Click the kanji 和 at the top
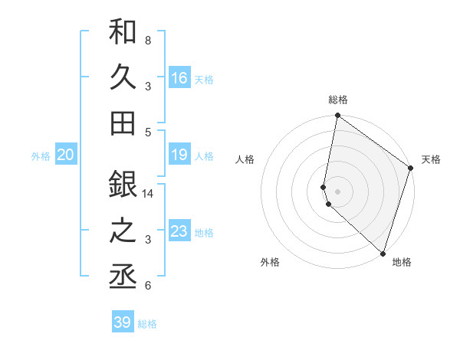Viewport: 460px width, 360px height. (x=123, y=32)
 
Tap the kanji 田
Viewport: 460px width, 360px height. (x=123, y=122)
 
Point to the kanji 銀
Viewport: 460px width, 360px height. (x=123, y=184)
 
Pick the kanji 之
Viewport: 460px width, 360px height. (x=123, y=231)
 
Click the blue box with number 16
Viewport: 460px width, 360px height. (x=179, y=77)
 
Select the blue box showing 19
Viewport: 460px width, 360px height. (x=179, y=155)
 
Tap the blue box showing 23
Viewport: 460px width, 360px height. (x=179, y=231)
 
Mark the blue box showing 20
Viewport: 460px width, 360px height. (x=66, y=155)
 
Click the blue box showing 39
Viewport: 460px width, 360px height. (x=123, y=322)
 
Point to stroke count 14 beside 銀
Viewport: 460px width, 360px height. (x=149, y=194)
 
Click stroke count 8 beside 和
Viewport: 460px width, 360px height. (x=148, y=39)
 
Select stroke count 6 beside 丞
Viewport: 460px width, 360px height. (x=148, y=286)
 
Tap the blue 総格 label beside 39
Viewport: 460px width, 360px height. (x=148, y=324)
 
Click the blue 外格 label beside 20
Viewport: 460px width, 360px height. (x=41, y=156)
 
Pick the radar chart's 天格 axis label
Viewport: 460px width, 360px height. (x=431, y=159)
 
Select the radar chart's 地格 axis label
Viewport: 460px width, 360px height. (x=402, y=262)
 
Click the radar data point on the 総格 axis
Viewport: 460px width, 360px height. (x=337, y=116)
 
